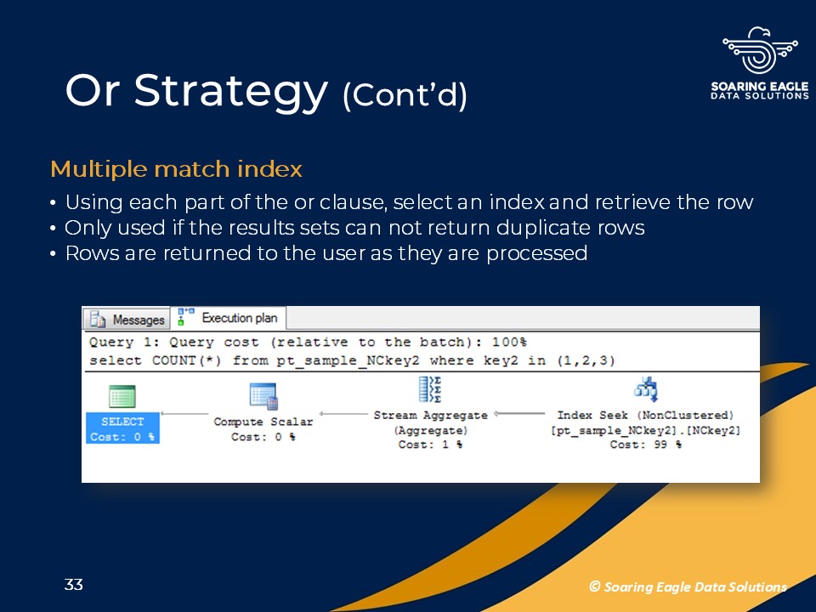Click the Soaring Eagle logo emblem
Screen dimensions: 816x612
[760, 51]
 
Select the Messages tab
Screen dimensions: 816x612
[127, 319]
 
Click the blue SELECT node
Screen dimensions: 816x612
[122, 428]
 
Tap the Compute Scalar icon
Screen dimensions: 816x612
[263, 397]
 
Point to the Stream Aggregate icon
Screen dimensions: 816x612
[430, 389]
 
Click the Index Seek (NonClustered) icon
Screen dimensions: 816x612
[646, 389]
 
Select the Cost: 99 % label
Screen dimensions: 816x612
[645, 445]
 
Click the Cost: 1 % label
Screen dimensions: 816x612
[430, 445]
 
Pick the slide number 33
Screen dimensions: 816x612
[73, 585]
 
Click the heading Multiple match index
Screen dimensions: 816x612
[177, 169]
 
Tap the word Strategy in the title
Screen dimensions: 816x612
[231, 92]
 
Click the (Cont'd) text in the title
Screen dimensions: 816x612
[405, 95]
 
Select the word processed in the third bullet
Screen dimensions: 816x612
[536, 253]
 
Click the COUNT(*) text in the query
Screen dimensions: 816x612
[187, 360]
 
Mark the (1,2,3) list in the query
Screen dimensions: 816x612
[586, 360]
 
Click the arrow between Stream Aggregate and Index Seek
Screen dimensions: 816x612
[519, 414]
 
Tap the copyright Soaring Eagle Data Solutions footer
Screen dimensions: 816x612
[688, 587]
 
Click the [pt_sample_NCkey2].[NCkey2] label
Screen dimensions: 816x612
[645, 430]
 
